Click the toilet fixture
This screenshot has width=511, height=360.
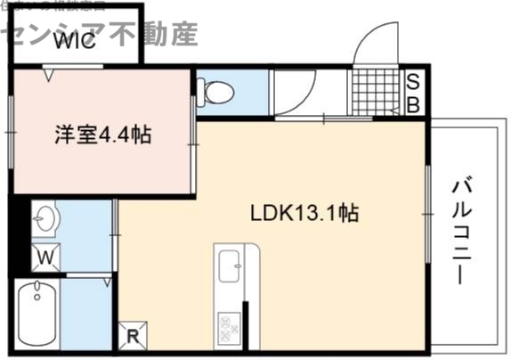pyautogui.click(x=215, y=91)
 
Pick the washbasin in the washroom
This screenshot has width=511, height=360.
pyautogui.click(x=45, y=216)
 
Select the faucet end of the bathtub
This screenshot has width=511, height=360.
pyautogui.click(x=36, y=290)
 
